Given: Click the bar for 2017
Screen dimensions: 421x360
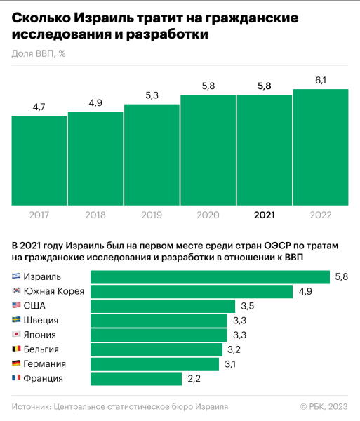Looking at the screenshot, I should click(39, 161).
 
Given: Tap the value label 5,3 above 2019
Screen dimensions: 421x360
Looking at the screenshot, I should click(152, 96).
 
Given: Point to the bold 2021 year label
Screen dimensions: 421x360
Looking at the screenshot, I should click(264, 215).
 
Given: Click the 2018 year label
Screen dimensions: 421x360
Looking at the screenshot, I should click(95, 215).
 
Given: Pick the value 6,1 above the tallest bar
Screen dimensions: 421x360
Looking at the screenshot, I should click(321, 81).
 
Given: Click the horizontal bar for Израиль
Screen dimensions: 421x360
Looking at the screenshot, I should click(211, 276).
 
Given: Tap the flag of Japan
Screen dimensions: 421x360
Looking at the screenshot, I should click(16, 335).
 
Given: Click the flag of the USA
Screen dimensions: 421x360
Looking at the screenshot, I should click(16, 305).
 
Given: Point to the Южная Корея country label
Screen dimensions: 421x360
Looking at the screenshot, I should click(54, 291).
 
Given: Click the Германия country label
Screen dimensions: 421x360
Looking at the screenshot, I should click(45, 364).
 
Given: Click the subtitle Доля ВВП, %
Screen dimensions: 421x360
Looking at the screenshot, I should click(39, 53).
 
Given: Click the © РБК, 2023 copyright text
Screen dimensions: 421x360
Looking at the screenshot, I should click(324, 406).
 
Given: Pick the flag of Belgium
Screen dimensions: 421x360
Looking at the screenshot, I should click(16, 349).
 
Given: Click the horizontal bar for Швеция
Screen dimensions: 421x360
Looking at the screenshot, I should click(159, 320).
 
